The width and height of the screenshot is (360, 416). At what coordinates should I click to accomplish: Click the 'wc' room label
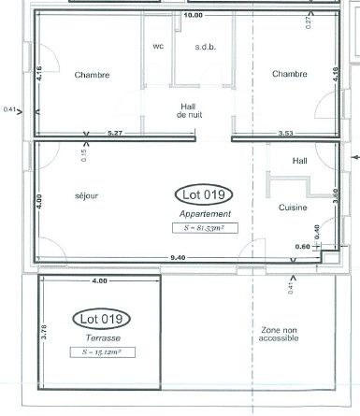pyautogui.click(x=158, y=47)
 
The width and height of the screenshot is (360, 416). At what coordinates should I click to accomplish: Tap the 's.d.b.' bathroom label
pyautogui.click(x=206, y=47)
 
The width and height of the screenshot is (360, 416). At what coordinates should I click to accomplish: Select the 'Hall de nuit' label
pyautogui.click(x=189, y=111)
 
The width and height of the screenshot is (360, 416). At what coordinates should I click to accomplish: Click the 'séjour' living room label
pyautogui.click(x=86, y=196)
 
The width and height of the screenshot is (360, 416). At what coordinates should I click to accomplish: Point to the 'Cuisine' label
pyautogui.click(x=293, y=208)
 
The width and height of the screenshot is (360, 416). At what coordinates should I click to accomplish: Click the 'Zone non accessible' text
pyautogui.click(x=279, y=334)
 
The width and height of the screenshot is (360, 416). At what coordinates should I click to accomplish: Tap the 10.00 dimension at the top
pyautogui.click(x=194, y=15)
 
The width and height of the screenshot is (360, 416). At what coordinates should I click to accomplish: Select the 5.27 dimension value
pyautogui.click(x=115, y=133)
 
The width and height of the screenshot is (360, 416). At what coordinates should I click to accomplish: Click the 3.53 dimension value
pyautogui.click(x=285, y=134)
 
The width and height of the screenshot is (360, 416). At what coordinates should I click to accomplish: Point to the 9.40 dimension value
pyautogui.click(x=178, y=258)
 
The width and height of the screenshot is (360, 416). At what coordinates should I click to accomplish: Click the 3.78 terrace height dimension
pyautogui.click(x=44, y=332)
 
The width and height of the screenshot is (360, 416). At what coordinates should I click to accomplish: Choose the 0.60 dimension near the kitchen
pyautogui.click(x=302, y=247)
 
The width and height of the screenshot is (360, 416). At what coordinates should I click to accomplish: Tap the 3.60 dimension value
pyautogui.click(x=336, y=196)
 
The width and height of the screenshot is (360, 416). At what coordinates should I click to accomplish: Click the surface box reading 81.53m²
pyautogui.click(x=205, y=228)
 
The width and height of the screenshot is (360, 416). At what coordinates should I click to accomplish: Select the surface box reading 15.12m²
pyautogui.click(x=103, y=352)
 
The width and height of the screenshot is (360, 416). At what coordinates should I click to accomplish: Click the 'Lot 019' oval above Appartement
pyautogui.click(x=204, y=194)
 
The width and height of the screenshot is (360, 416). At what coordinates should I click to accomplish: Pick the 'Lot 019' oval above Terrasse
pyautogui.click(x=101, y=319)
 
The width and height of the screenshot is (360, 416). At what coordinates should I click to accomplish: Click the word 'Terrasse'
pyautogui.click(x=103, y=338)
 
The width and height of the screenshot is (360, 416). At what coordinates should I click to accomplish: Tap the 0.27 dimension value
pyautogui.click(x=309, y=22)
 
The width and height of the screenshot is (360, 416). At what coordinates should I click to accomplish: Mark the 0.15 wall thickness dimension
pyautogui.click(x=84, y=155)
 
